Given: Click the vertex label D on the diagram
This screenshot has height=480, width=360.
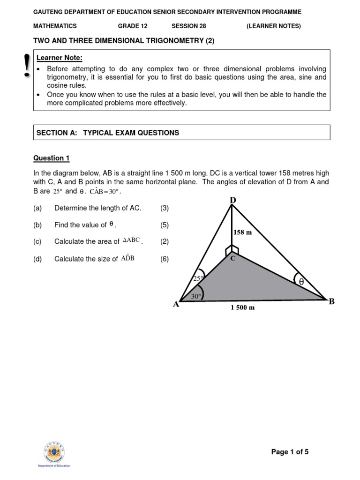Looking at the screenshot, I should point(233,201).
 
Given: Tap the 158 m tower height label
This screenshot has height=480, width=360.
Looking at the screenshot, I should point(242,232).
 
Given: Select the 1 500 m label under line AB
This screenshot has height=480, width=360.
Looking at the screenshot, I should point(242,308).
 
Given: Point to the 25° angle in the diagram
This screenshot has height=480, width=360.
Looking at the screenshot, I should point(197,278).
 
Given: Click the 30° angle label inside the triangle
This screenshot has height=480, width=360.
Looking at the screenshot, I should point(196,296).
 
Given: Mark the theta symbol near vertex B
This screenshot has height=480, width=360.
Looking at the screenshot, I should point(301,281).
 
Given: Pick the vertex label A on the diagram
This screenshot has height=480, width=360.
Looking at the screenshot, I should point(176,304).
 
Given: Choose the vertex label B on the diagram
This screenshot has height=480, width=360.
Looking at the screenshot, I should point(331,301).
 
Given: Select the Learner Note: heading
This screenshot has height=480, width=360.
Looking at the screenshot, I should point(59,58).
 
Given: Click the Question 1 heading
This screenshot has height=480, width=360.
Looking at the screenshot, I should point(51,158).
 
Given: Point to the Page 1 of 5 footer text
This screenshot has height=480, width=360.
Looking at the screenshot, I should point(290,452).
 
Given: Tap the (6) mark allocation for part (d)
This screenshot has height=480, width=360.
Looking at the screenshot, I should point(164,259).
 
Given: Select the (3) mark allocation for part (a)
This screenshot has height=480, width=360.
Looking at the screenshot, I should point(164,208).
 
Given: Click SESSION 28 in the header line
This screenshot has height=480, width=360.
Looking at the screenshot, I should point(189,26).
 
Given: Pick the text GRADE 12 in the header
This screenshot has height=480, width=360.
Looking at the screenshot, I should point(133,26).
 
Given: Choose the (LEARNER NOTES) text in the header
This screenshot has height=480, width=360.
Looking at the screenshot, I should point(274,26).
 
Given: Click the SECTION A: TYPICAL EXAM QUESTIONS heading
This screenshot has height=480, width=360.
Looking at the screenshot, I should point(108,133).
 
